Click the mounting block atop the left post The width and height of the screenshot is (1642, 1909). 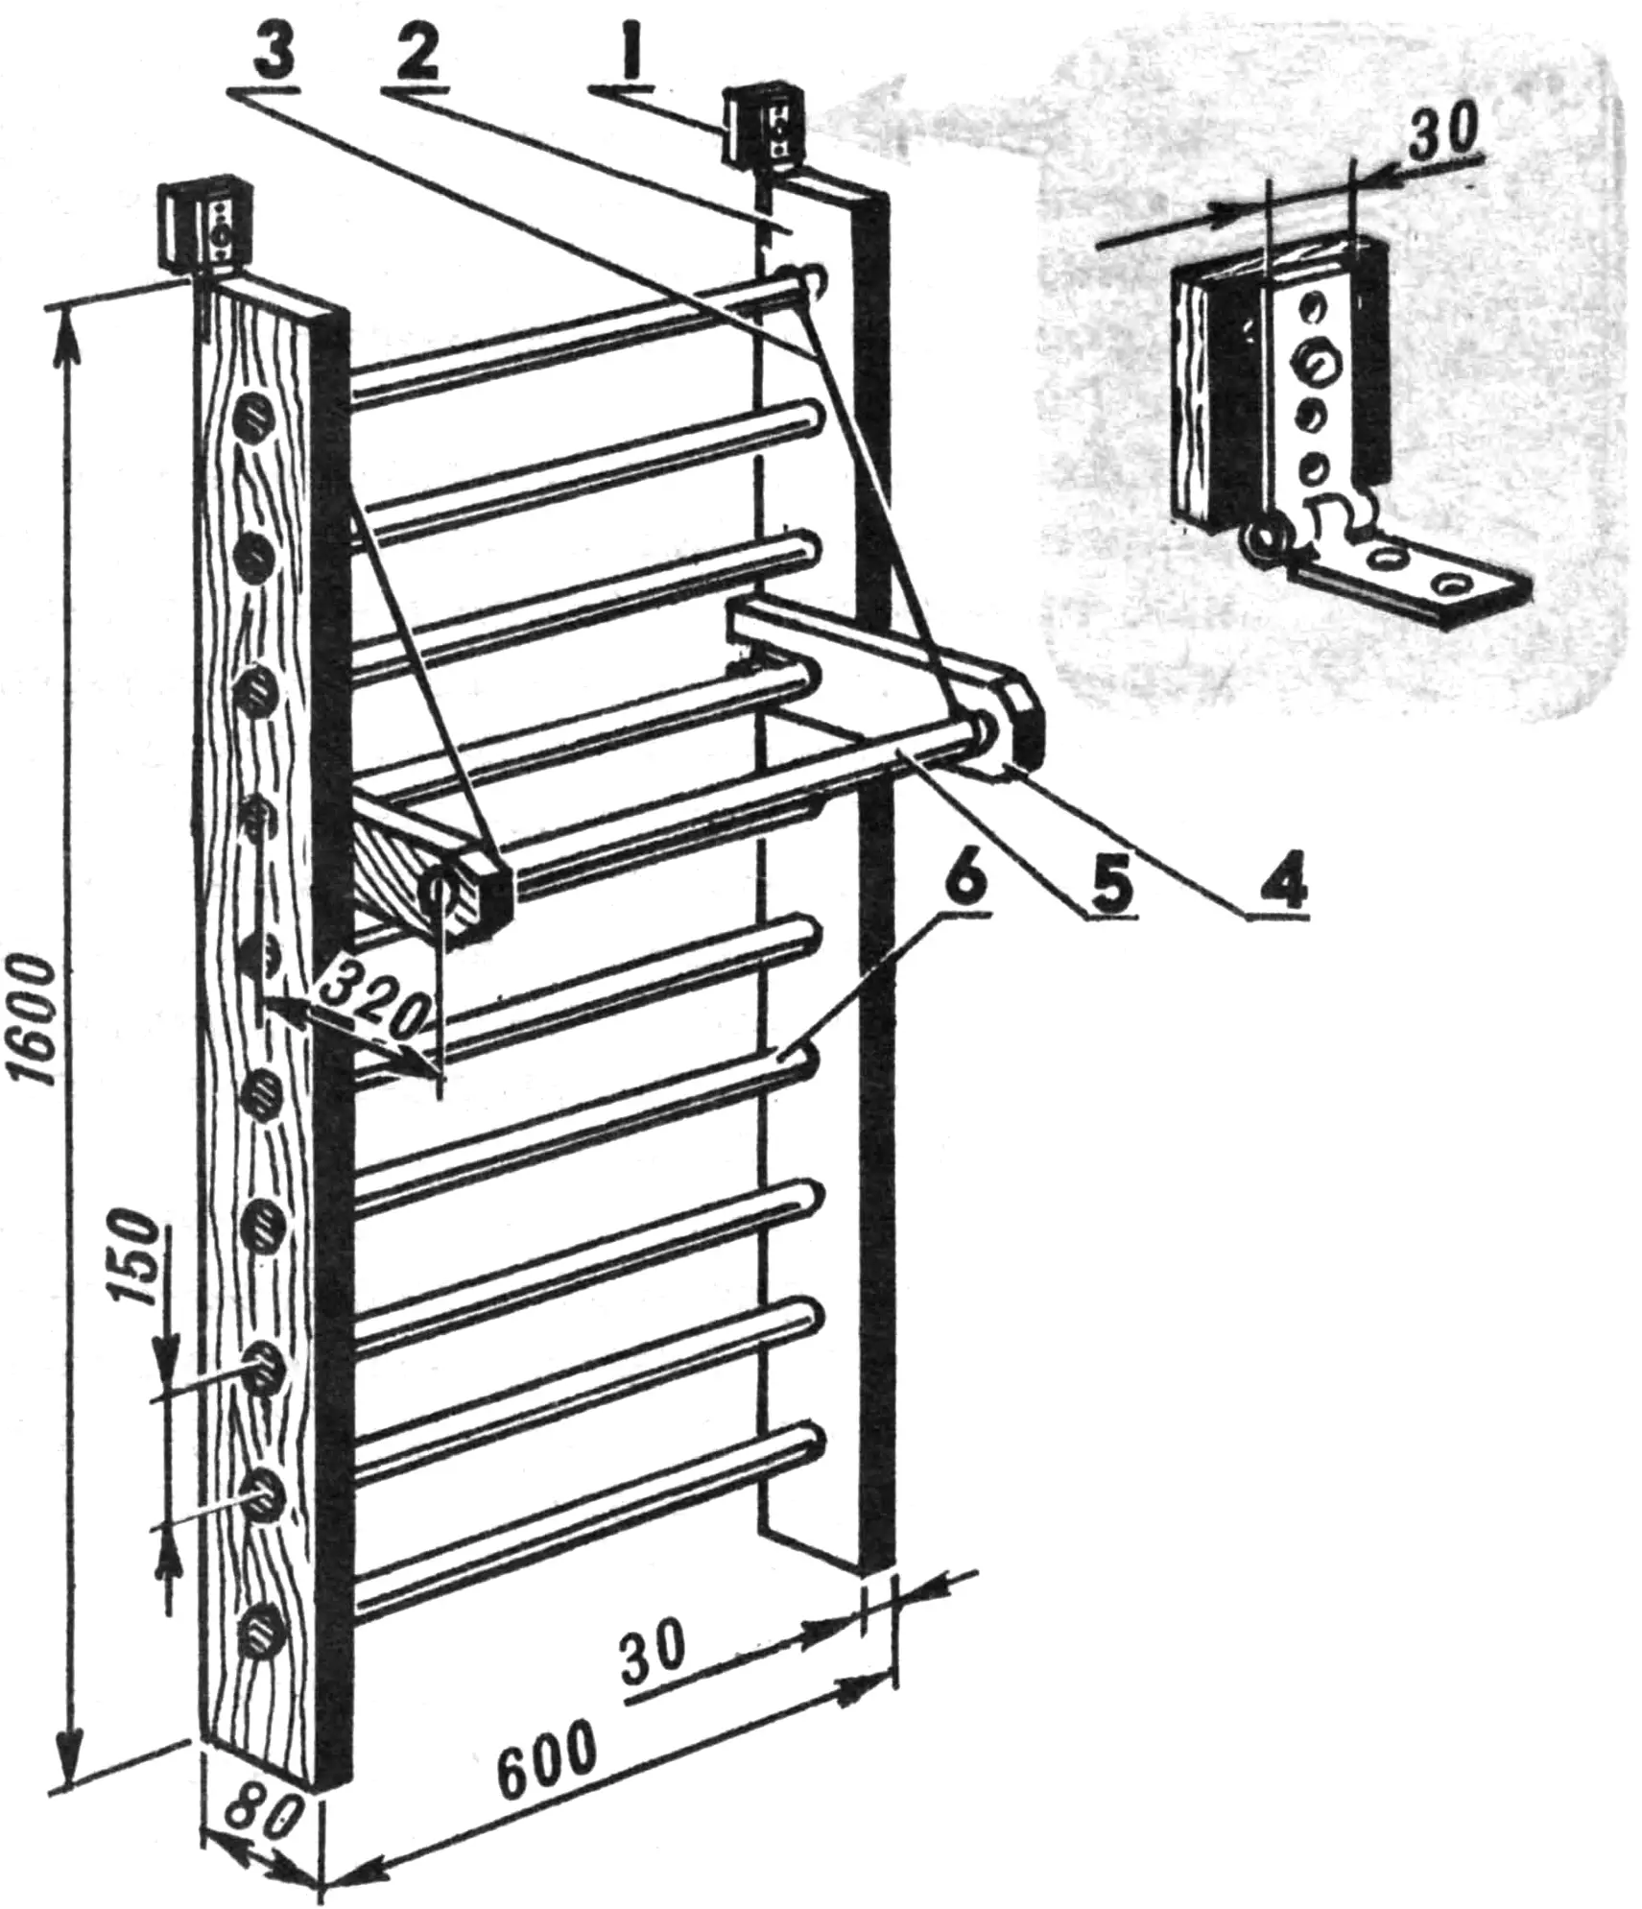point(202,223)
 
